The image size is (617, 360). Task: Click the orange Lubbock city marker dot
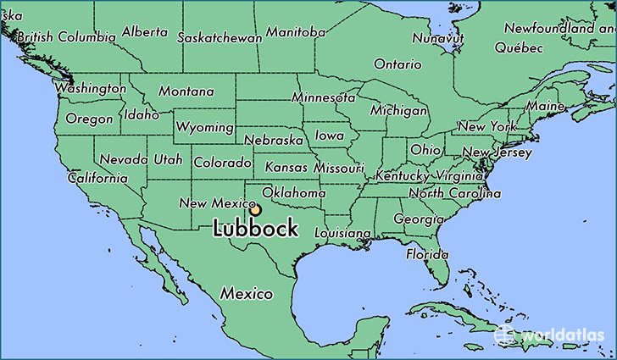255,210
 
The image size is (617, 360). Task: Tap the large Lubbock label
255,229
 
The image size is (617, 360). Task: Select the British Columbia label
65,37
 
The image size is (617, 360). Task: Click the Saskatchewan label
219,37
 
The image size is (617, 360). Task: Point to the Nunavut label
437,38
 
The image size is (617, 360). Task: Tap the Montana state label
186,91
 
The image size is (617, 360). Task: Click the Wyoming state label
205,127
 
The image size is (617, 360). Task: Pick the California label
97,179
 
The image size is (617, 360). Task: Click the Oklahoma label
294,193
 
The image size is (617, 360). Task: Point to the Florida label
426,254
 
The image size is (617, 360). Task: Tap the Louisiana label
342,232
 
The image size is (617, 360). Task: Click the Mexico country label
247,294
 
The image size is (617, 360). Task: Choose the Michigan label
398,111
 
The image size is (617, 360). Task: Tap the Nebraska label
273,140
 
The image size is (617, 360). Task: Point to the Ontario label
397,64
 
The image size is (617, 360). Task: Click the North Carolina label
451,194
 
